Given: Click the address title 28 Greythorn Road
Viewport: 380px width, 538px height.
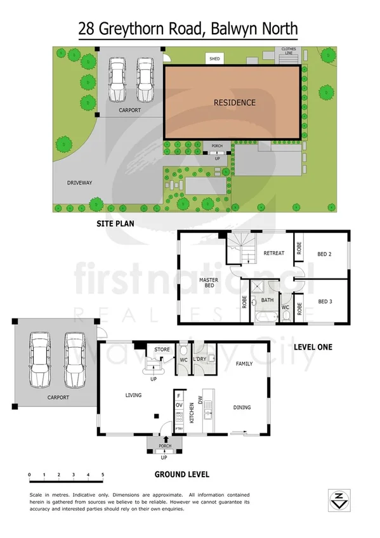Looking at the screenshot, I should click(188, 29).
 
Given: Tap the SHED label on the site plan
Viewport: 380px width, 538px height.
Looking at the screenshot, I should click(214, 60).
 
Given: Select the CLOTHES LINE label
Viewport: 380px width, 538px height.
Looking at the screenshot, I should click(289, 51).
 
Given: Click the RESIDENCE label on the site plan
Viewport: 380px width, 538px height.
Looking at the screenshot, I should click(234, 102).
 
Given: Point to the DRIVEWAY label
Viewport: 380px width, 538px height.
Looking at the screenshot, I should click(80, 183).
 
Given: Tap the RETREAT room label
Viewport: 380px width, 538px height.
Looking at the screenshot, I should click(273, 253).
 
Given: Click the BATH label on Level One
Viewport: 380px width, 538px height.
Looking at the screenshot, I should click(267, 300).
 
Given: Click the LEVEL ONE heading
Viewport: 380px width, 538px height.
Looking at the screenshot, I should click(313, 347).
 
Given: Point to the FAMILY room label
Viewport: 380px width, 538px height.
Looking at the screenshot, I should click(244, 364).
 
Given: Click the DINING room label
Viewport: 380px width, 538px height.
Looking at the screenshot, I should click(242, 407).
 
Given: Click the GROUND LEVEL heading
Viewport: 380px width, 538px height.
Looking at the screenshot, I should click(182, 473).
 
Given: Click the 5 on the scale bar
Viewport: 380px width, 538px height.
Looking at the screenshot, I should click(103, 475).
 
